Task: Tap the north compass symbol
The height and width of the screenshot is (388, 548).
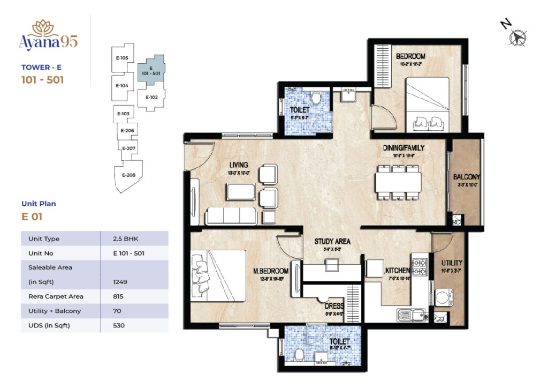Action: tap(516, 36)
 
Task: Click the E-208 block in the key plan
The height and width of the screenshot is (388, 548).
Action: tap(128, 175)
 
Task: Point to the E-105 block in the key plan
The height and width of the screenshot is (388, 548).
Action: tap(121, 58)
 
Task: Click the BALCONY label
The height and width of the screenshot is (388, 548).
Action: tap(466, 177)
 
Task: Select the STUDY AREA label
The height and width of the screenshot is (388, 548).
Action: tap(332, 241)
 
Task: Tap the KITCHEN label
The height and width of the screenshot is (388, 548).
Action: tap(397, 271)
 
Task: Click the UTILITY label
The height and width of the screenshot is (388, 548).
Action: tap(452, 263)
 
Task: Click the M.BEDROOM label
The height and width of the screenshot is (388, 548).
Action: tap(271, 271)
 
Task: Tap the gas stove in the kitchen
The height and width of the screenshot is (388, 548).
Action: tap(420, 266)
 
